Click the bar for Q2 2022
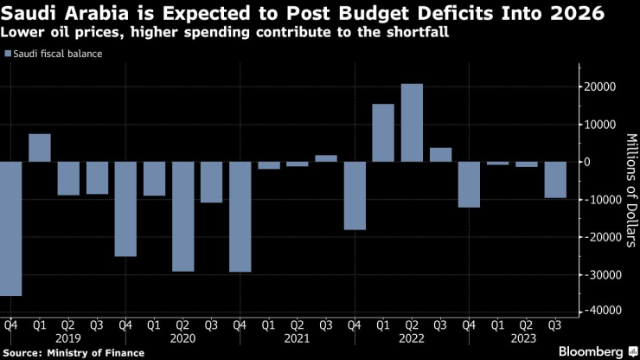tap(412, 122)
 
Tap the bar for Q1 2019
tap(40, 148)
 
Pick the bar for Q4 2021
tap(355, 196)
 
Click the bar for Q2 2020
tap(182, 216)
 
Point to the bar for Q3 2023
tap(555, 180)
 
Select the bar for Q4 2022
tap(469, 184)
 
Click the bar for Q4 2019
tap(125, 209)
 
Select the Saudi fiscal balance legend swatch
tap(8, 54)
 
